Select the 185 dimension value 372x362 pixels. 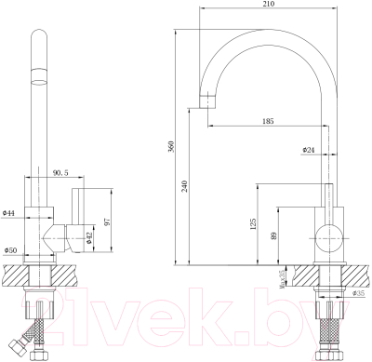(x=268, y=122)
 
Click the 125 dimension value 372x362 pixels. (x=252, y=223)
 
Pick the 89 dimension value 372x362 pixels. (x=272, y=237)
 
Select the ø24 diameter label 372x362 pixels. (x=307, y=149)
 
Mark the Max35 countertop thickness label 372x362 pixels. (x=282, y=276)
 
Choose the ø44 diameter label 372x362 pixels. (x=9, y=213)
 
